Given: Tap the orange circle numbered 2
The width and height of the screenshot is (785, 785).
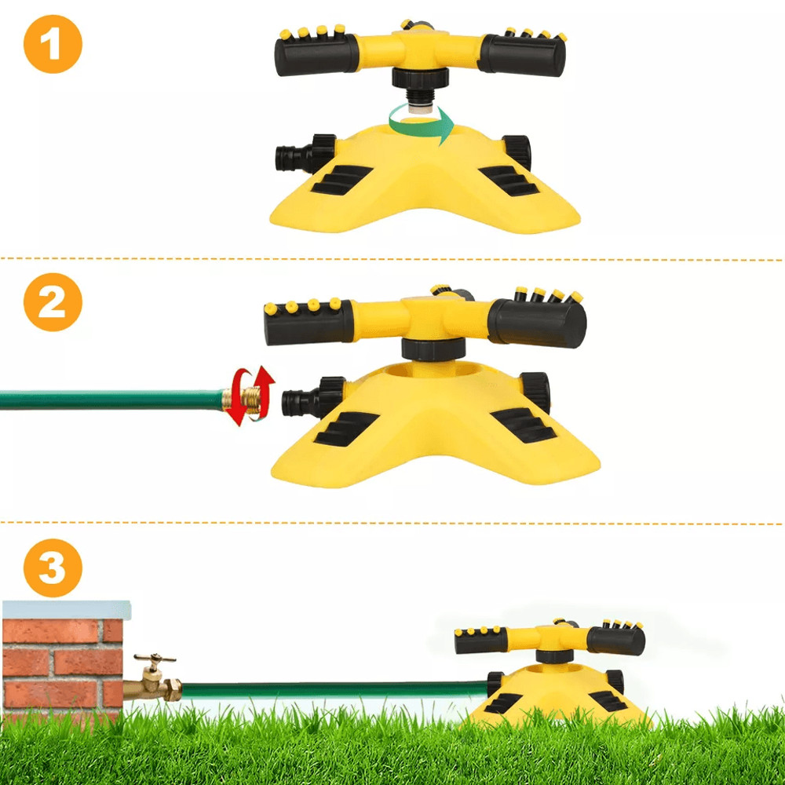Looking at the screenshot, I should click(x=53, y=302).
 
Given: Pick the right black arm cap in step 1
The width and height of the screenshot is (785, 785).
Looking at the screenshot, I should click(x=524, y=55).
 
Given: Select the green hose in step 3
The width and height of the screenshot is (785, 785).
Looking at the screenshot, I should click(x=330, y=690).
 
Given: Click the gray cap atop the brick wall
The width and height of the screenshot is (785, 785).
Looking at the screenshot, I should click(x=66, y=609).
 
